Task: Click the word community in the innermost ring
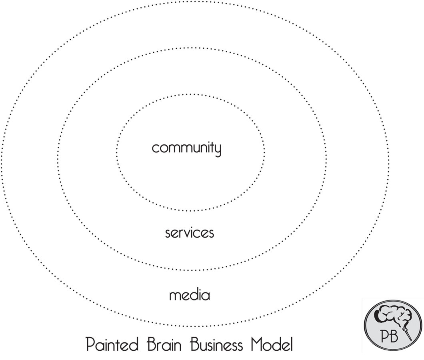[186, 148]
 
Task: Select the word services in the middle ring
[190, 233]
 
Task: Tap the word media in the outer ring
[190, 296]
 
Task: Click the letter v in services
[190, 233]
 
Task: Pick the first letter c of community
[155, 149]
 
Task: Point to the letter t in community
[212, 148]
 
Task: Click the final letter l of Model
[291, 344]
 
